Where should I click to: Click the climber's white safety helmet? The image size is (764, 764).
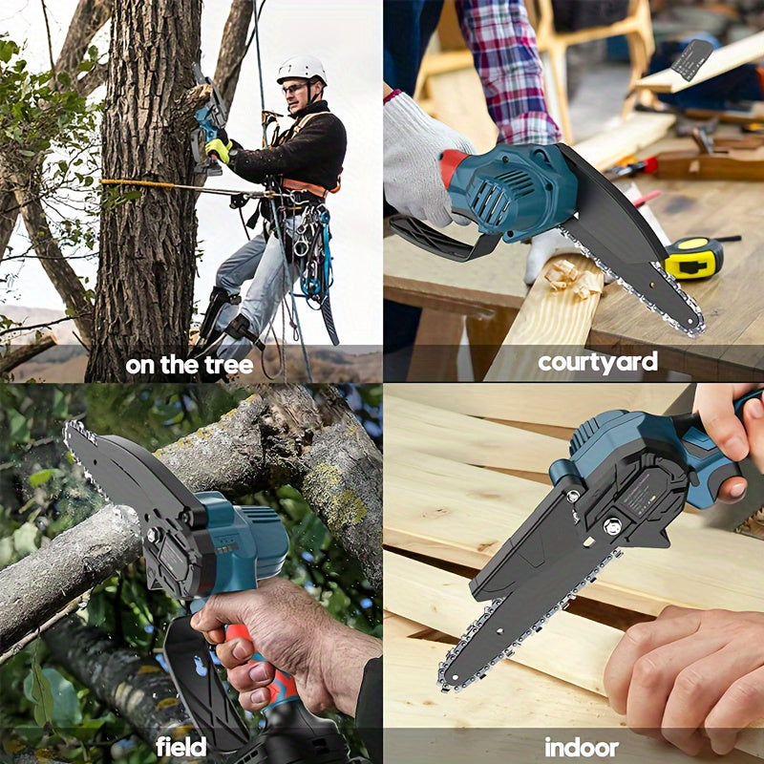(x=302, y=69)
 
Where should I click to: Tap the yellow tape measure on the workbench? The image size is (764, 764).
(x=693, y=257)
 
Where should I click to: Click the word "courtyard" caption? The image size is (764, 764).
(x=598, y=362)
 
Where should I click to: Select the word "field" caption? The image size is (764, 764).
(x=180, y=746)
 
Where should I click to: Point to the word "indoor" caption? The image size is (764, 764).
(x=582, y=747)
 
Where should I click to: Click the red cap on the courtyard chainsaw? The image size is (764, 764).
(x=452, y=166)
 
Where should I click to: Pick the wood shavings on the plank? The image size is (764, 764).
(x=573, y=279)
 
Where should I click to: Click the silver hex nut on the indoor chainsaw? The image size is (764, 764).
(x=612, y=526)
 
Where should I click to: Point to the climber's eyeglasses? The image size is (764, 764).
(x=295, y=88)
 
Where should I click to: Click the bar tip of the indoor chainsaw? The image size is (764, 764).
(x=447, y=680)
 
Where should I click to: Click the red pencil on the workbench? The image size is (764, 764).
(x=647, y=199)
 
